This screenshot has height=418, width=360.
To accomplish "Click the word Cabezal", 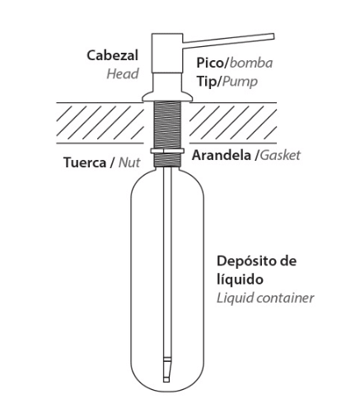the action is click(112, 55).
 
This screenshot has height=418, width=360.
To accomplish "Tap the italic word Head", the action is click(123, 74).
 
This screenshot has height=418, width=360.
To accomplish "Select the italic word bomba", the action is click(251, 63).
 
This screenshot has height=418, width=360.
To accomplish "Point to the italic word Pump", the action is click(240, 82).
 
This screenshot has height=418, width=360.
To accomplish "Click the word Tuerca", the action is click(85, 162).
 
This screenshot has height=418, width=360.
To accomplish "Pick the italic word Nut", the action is click(129, 162).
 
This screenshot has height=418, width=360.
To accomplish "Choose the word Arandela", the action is click(222, 155).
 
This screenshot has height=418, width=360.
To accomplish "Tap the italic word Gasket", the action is click(280, 155).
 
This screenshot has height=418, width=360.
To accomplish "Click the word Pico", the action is click(210, 63).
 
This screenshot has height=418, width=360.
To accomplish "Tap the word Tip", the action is click(206, 82).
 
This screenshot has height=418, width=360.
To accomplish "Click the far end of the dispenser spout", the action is click(274, 36).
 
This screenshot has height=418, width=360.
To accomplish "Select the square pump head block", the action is click(167, 53).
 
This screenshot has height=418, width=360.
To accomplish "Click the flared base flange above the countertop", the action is click(166, 96).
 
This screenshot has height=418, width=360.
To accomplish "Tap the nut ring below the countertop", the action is click(166, 151).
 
